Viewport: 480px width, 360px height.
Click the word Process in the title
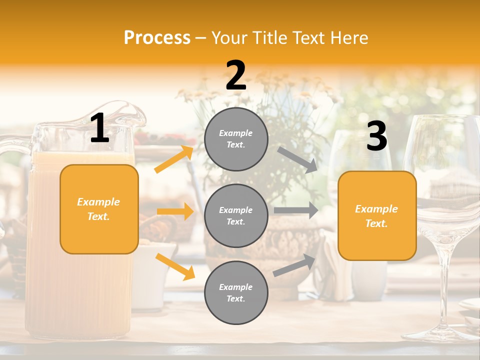[157, 38]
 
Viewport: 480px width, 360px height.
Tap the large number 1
[99, 128]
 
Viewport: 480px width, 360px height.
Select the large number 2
[236, 76]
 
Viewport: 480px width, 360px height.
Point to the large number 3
[376, 136]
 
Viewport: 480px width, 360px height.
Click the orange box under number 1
[99, 209]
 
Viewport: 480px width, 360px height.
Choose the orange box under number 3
[377, 215]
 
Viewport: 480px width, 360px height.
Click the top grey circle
[236, 139]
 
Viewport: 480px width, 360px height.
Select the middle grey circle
[236, 215]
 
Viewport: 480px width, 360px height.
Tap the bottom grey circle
[236, 292]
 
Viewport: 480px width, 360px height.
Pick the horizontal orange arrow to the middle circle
[175, 211]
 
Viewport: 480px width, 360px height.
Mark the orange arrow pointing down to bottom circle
[175, 266]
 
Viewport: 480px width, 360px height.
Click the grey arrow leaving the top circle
[297, 159]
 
